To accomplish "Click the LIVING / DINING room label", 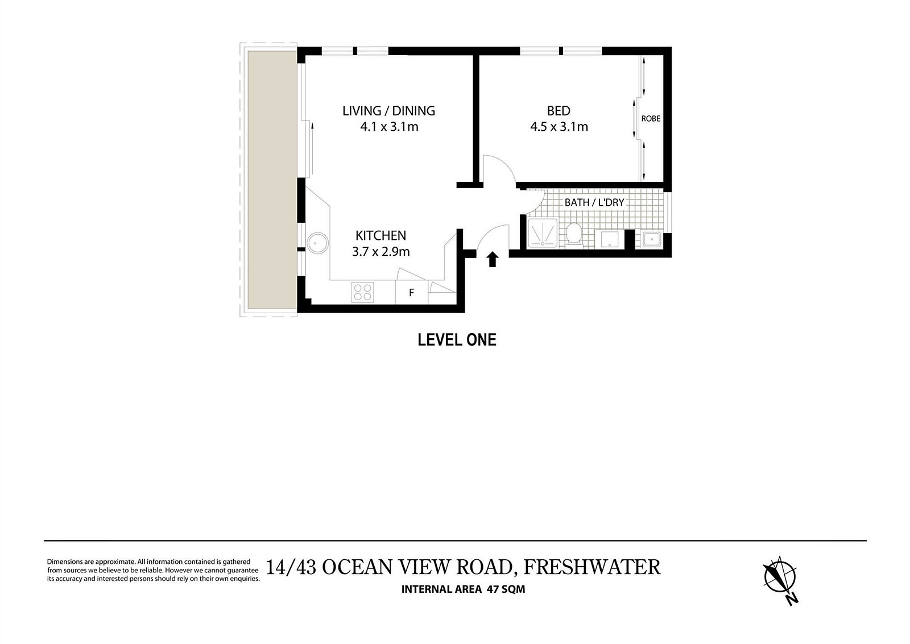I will pyautogui.click(x=388, y=111).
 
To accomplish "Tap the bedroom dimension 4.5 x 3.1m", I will pyautogui.click(x=559, y=127).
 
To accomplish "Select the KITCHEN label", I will pyautogui.click(x=380, y=235).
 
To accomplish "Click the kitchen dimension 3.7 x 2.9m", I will pyautogui.click(x=380, y=251).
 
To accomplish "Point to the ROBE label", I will pyautogui.click(x=651, y=119).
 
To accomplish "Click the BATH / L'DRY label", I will pyautogui.click(x=594, y=202).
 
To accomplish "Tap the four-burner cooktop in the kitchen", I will pyautogui.click(x=363, y=292).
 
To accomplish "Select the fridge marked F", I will pyautogui.click(x=411, y=293).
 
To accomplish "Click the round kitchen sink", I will pyautogui.click(x=317, y=243).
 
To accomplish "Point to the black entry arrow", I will pyautogui.click(x=493, y=260).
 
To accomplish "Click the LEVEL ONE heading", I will pyautogui.click(x=457, y=340).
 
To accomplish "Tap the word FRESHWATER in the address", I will pyautogui.click(x=591, y=567).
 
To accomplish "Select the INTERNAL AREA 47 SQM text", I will pyautogui.click(x=463, y=589).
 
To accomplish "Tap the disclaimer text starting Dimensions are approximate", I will pyautogui.click(x=152, y=570).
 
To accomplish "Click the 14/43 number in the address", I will pyautogui.click(x=291, y=567).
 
